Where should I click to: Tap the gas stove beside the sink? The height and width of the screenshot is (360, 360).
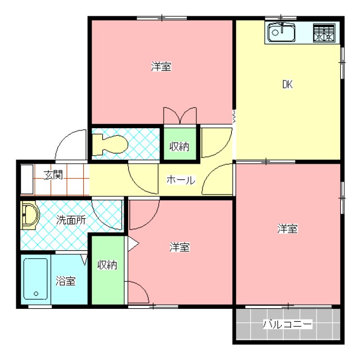(323, 33)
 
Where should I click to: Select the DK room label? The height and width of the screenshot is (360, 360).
(287, 85)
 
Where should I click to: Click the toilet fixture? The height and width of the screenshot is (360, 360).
(110, 143)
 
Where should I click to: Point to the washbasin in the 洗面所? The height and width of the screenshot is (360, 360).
(29, 216)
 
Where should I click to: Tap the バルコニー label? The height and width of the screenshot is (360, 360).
(287, 325)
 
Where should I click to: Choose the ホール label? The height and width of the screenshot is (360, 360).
(180, 181)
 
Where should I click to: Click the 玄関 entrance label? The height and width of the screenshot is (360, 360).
(53, 175)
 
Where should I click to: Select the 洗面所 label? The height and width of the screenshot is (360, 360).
(71, 220)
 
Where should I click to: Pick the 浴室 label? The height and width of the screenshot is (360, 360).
(66, 280)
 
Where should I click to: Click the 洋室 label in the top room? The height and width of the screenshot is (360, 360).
(161, 67)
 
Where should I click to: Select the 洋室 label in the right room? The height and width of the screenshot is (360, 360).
(287, 228)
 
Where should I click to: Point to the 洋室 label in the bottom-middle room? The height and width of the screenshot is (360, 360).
(179, 247)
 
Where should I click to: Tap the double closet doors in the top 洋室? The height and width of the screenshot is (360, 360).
(180, 115)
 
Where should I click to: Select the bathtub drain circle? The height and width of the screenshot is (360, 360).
(35, 293)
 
